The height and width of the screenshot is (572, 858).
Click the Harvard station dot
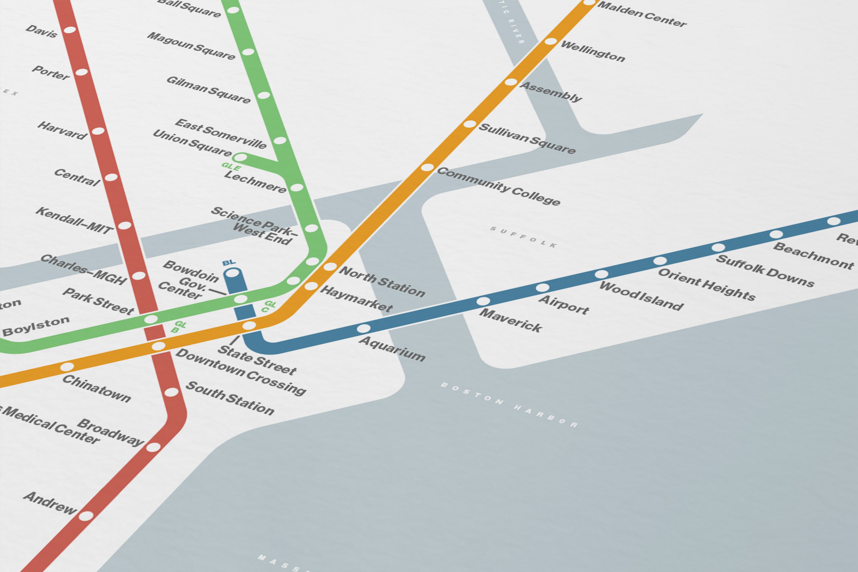click(x=98, y=131)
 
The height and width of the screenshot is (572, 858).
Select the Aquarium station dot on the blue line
click(x=363, y=328)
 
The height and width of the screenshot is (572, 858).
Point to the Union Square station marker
click(x=240, y=158)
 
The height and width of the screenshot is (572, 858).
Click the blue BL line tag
click(x=229, y=263)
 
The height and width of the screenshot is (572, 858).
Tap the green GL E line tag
click(x=231, y=167)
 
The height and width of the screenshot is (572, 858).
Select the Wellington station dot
click(x=551, y=41)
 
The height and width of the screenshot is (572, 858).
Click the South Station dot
click(x=171, y=392)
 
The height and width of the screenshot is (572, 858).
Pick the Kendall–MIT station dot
click(x=124, y=225)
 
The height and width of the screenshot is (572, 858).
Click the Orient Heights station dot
click(x=660, y=261)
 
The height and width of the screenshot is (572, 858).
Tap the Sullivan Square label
click(x=527, y=138)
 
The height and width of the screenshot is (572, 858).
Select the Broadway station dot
click(x=153, y=447)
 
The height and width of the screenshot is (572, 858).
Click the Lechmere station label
click(x=255, y=181)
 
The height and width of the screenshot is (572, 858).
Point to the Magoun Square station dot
click(x=248, y=52)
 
